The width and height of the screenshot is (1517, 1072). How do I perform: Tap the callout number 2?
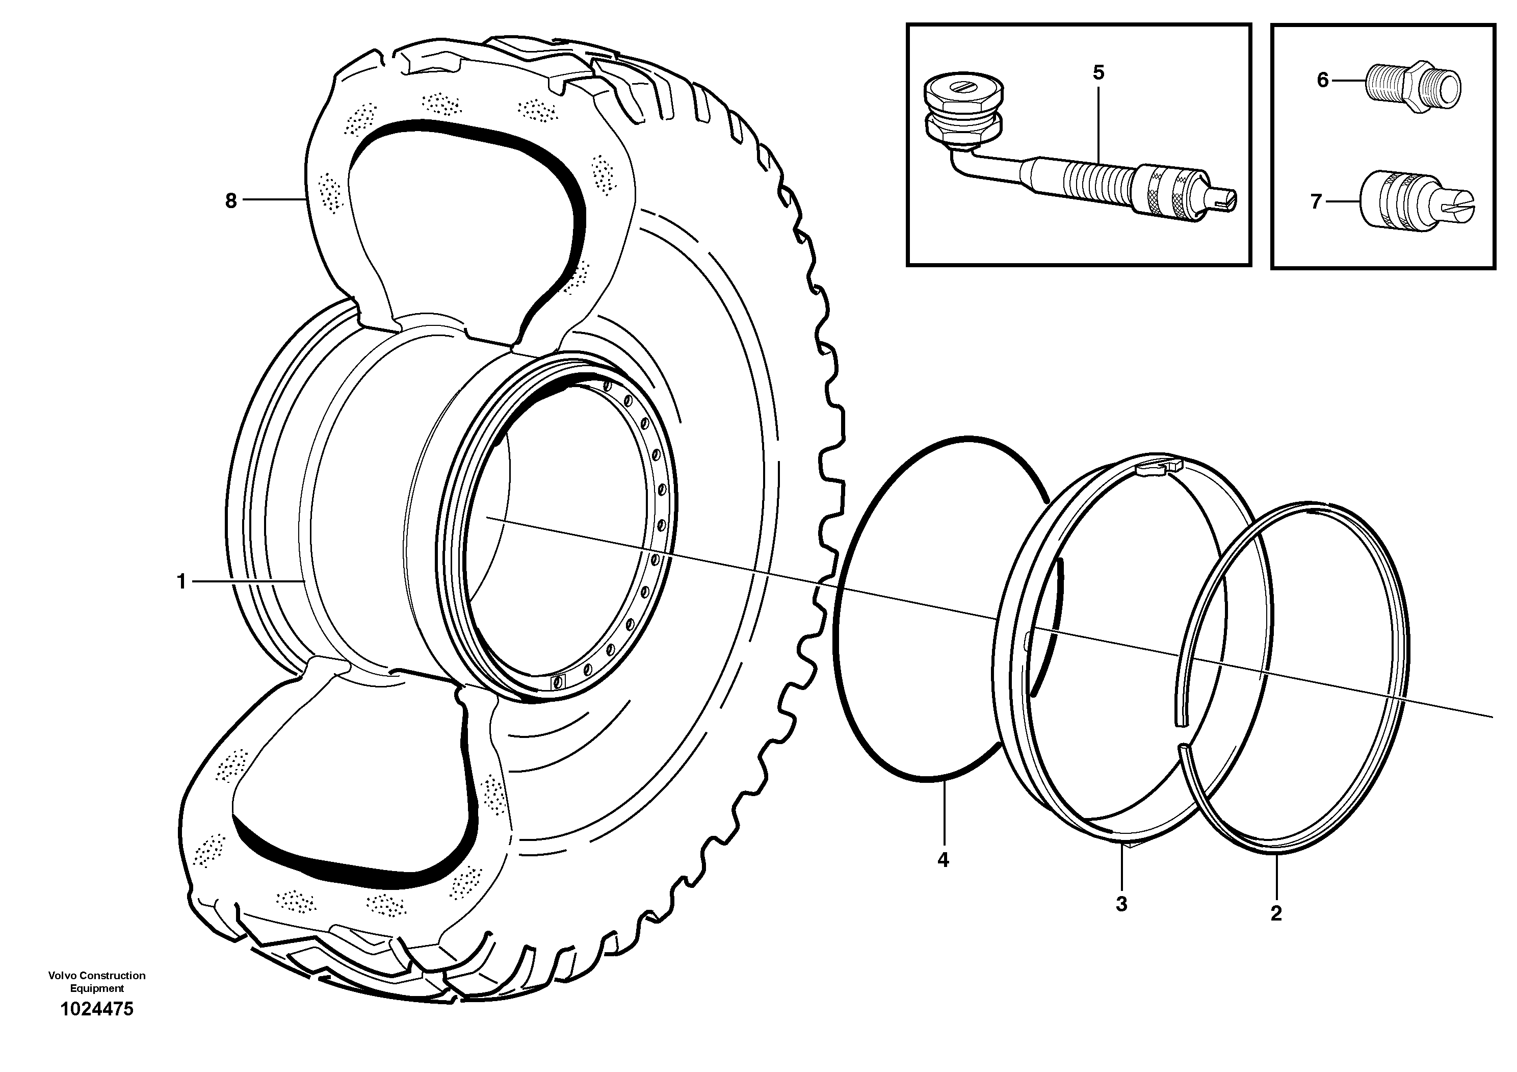pos(1276,914)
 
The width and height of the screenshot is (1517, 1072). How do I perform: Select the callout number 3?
pos(1121,904)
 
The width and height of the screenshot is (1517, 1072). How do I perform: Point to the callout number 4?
pos(943,860)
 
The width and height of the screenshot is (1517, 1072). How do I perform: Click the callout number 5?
pos(1098,73)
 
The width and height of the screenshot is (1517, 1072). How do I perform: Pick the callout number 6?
pos(1322,80)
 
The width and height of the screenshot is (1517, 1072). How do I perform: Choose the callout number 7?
pos(1316,201)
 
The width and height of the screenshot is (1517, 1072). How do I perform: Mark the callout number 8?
pos(230,200)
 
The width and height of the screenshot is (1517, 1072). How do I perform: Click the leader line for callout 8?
pos(275,199)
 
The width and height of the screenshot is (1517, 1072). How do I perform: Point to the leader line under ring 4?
pos(945,813)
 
